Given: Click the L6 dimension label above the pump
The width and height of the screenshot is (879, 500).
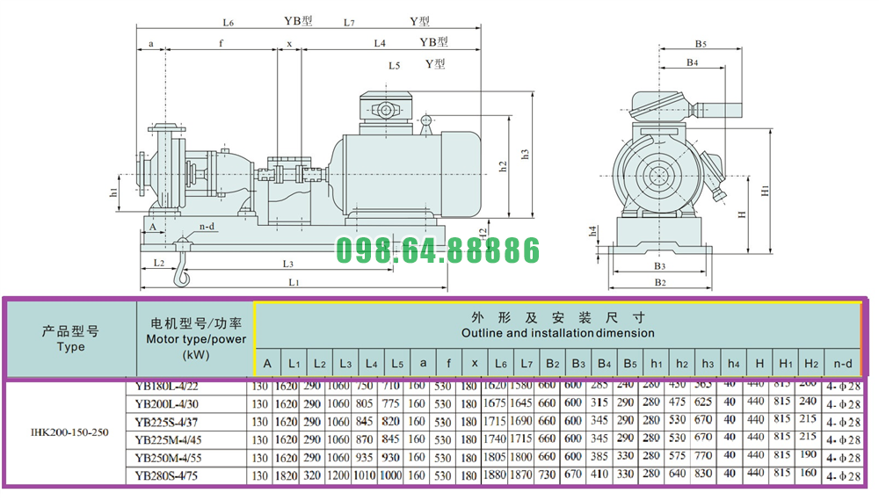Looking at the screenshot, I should point(228,22).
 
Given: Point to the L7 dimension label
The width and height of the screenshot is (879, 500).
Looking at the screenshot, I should point(349,22).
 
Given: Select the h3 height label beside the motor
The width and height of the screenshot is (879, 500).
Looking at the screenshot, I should point(525,153).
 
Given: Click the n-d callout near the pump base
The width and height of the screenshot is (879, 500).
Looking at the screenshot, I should point(207,226).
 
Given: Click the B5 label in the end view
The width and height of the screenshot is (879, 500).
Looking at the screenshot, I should point(701,43).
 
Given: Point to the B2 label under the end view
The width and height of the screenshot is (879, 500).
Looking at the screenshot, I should point(661,282).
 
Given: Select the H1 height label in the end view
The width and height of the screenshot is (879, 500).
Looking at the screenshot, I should point(765,189).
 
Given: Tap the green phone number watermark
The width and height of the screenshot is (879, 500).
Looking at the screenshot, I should point(439,251).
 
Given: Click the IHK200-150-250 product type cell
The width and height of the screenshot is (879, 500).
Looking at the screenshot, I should point(70,432).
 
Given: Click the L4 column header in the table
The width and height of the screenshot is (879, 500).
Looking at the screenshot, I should point(370,362).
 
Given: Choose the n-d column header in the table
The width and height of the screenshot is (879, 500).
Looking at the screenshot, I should point(842,362).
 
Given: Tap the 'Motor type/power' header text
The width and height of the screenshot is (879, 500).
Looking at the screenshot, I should point(195,339).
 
